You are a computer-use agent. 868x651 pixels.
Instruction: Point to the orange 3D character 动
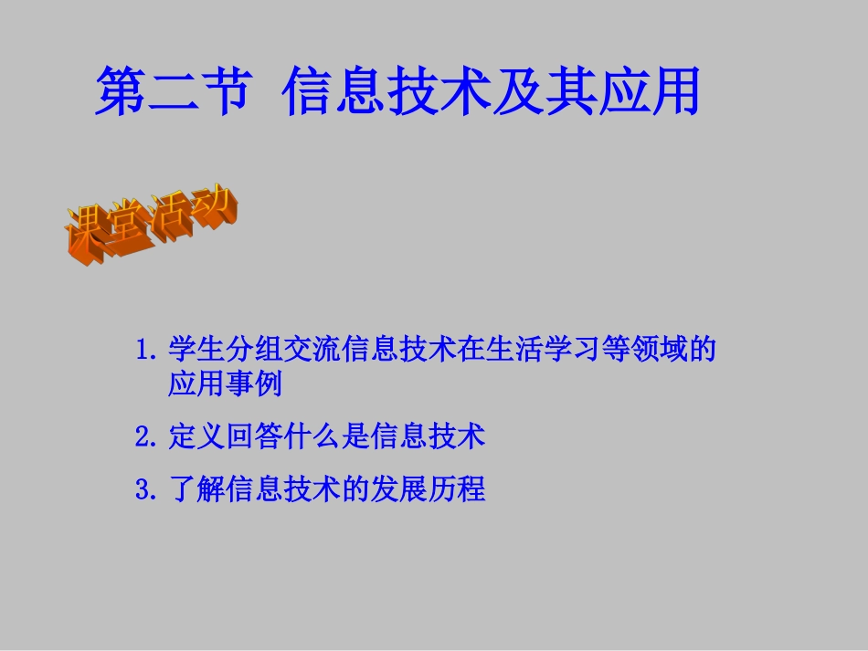[x=214, y=209]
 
